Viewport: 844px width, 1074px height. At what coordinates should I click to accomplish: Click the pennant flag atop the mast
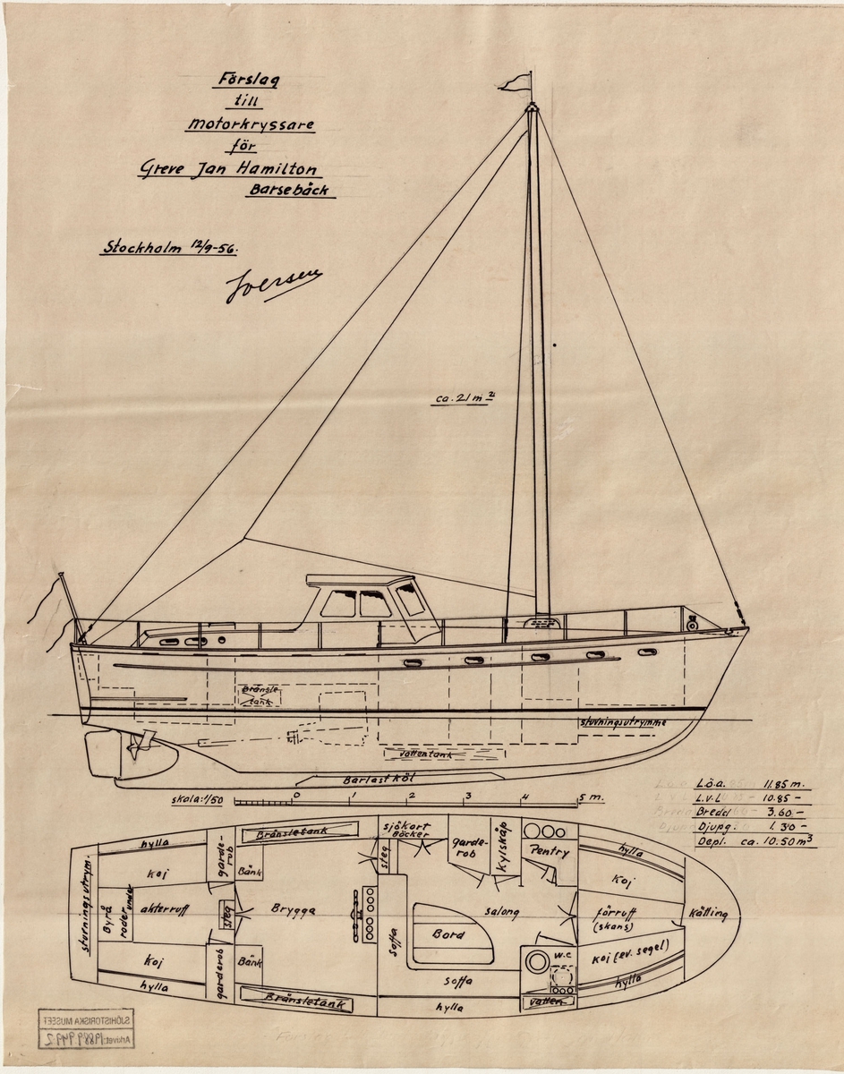click(x=514, y=82)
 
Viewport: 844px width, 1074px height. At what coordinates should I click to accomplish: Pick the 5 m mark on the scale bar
click(x=584, y=797)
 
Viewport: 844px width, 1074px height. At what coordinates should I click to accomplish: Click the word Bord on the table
click(x=448, y=933)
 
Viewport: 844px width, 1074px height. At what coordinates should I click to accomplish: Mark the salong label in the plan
click(x=502, y=911)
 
